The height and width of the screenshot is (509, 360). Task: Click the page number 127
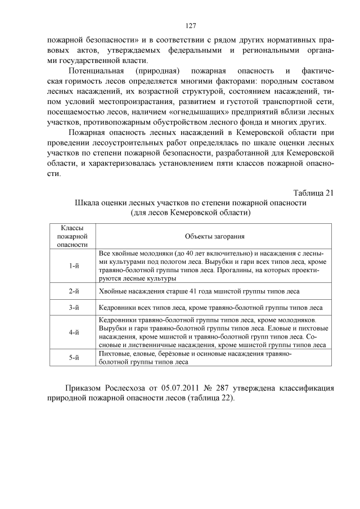pyautogui.click(x=190, y=26)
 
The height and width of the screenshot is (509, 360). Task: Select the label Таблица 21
pyautogui.click(x=314, y=193)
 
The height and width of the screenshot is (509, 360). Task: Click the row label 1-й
pyautogui.click(x=73, y=265)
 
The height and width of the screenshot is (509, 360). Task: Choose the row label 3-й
pyautogui.click(x=73, y=308)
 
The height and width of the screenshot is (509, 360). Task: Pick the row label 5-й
pyautogui.click(x=73, y=358)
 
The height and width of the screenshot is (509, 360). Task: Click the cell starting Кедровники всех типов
pyautogui.click(x=210, y=308)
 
